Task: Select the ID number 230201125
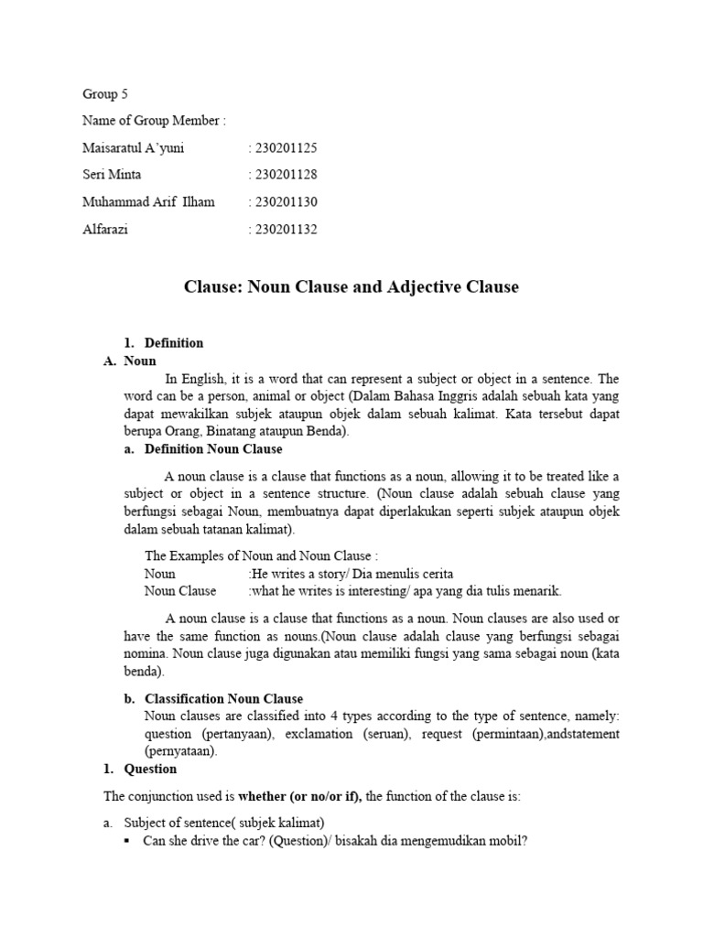point(285,148)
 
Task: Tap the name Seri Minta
point(112,175)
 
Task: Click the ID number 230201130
point(285,202)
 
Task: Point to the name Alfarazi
point(105,230)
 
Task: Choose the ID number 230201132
point(285,230)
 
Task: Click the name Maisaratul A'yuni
point(133,148)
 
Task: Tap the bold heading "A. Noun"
point(130,361)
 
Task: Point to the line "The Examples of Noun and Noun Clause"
point(260,555)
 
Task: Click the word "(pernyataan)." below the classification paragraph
point(182,751)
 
